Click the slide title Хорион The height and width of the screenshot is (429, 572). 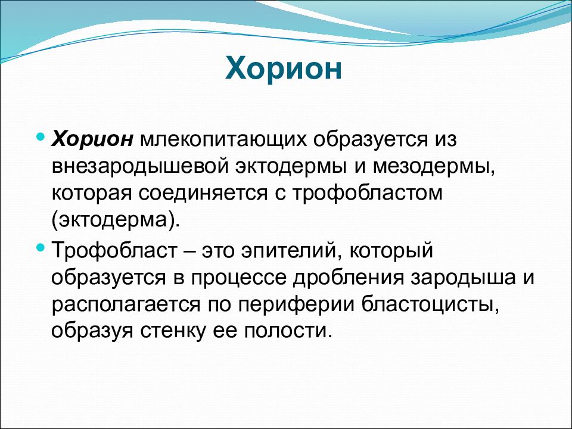click(284, 68)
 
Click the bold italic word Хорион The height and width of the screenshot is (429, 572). click(92, 139)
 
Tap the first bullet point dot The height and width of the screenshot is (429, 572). click(41, 138)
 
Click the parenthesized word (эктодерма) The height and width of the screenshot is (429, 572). click(116, 220)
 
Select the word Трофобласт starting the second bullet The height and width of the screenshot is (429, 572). click(114, 251)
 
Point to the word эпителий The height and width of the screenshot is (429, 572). click(292, 251)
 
